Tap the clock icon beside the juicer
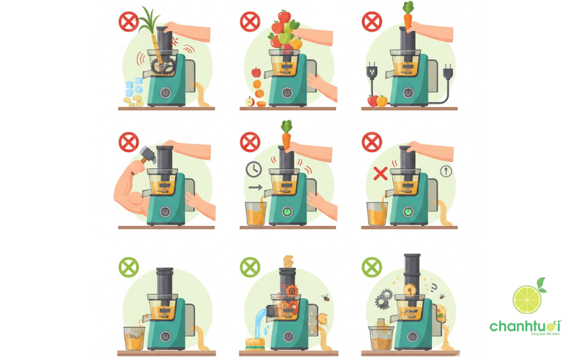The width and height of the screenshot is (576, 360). [253, 169]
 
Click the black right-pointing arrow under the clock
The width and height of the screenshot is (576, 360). [253, 189]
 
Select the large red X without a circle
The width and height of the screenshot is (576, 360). [380, 173]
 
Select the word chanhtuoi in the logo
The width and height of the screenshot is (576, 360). [525, 326]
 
